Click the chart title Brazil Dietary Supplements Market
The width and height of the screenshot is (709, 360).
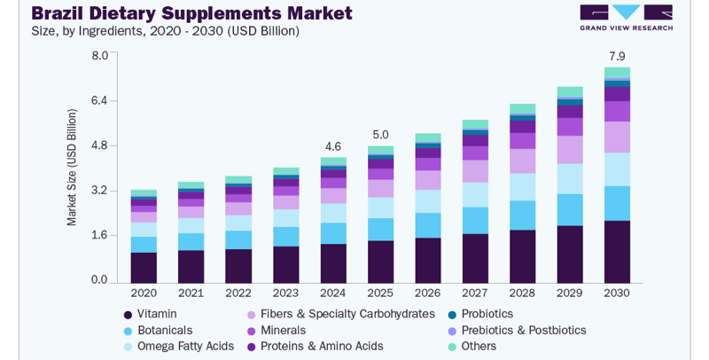(x=191, y=13)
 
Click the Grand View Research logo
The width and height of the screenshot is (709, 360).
(x=626, y=17)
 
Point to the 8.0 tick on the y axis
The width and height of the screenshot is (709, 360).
(x=99, y=56)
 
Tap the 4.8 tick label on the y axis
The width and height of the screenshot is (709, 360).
(x=99, y=145)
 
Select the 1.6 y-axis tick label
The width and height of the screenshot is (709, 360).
(x=99, y=236)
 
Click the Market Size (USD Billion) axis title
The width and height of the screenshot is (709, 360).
(x=72, y=168)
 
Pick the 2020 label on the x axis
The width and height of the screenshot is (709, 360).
(x=144, y=293)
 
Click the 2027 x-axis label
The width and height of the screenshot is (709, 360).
(x=475, y=293)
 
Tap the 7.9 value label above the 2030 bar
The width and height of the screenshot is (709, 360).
(x=617, y=57)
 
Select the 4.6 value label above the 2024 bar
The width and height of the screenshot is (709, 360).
(x=333, y=146)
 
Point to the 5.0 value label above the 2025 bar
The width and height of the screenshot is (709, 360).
(x=380, y=135)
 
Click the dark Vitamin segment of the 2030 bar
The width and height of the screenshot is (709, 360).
(x=617, y=251)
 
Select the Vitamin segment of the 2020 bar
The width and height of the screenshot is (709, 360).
(x=144, y=266)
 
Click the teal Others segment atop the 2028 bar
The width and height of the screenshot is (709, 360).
(x=523, y=109)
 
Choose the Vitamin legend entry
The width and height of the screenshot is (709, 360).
(x=156, y=314)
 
